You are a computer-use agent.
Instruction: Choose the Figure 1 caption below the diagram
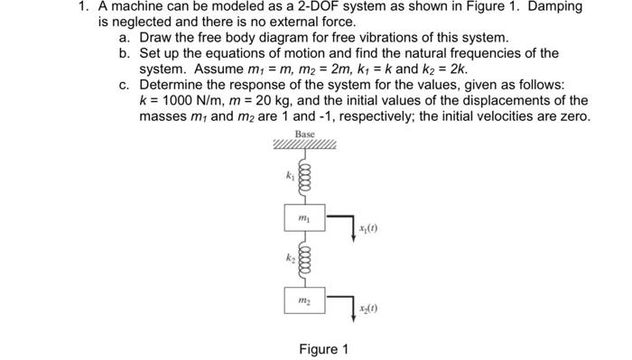coord(321,348)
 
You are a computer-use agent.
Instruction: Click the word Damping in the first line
coord(553,7)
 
